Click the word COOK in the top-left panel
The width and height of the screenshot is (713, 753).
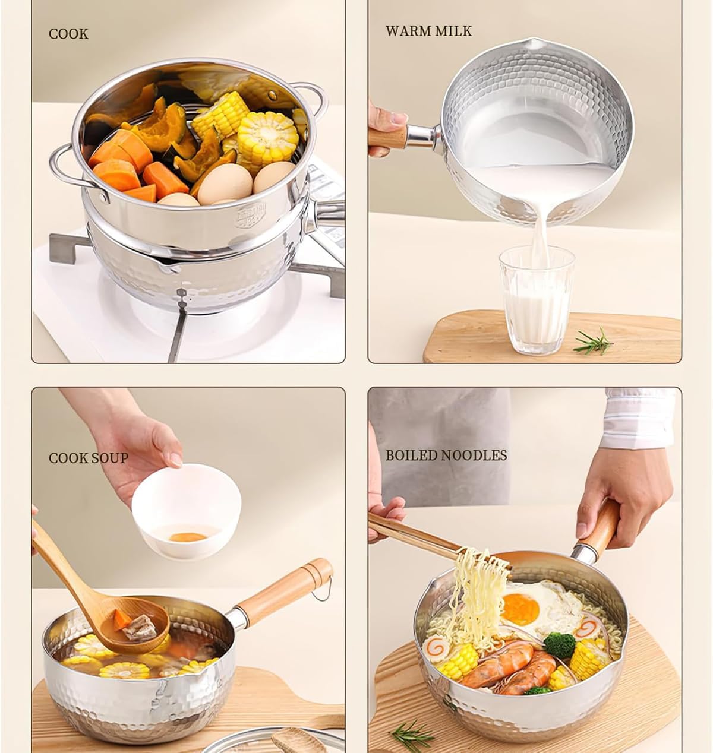point(68,34)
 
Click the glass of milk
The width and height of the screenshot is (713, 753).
point(537,300)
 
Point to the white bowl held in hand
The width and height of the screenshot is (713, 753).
point(187,511)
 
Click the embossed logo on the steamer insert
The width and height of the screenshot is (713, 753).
point(251,215)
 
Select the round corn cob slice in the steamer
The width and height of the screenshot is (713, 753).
point(267,137)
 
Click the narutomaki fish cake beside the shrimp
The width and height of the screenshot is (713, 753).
point(436,647)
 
